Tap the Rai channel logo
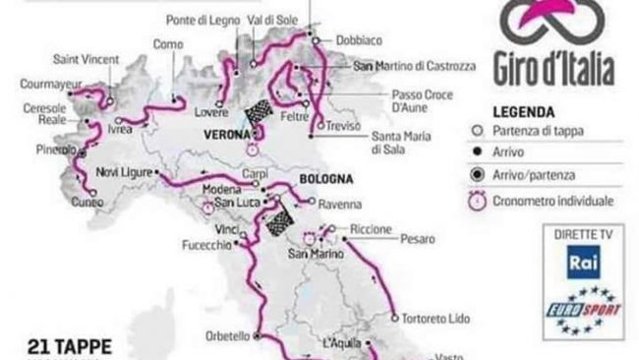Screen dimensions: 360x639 click(579, 263)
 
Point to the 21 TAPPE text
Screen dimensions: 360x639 click(75, 346)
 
